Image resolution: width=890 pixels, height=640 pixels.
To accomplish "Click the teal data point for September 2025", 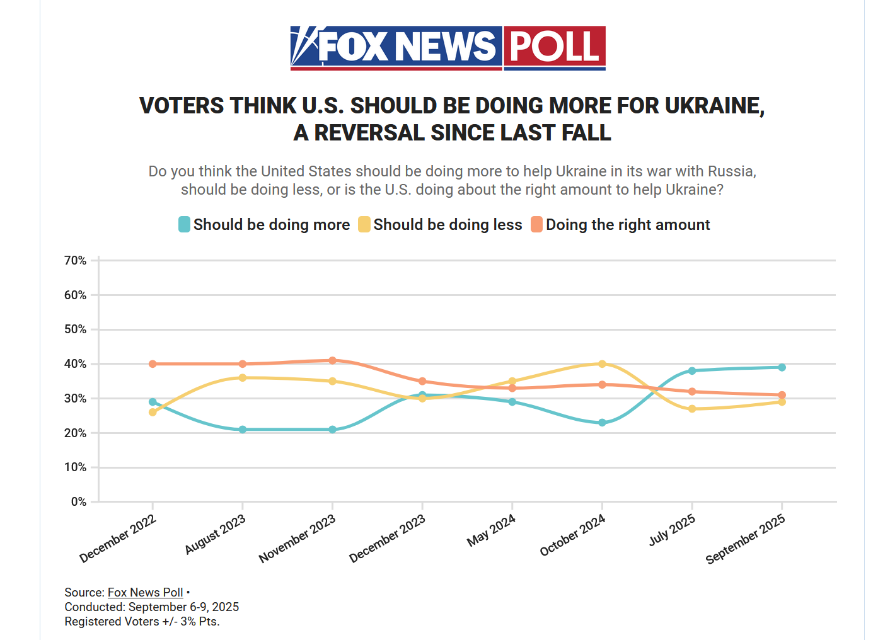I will click(x=782, y=367).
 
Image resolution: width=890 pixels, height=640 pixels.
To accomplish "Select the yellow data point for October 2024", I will click(x=602, y=364).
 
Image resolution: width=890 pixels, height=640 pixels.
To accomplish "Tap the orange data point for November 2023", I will click(x=332, y=360).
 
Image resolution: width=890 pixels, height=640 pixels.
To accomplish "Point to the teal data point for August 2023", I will click(x=243, y=430).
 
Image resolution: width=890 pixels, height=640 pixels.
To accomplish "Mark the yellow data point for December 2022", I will click(x=153, y=412).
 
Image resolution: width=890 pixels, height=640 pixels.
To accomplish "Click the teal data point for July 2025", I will click(x=692, y=371).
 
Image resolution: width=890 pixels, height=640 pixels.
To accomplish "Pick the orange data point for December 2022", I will click(x=153, y=364).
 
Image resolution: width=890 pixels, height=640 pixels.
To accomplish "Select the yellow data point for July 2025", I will click(x=692, y=409).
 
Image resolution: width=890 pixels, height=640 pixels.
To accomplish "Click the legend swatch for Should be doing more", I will click(x=184, y=224).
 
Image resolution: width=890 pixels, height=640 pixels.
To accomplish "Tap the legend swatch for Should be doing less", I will click(x=364, y=224).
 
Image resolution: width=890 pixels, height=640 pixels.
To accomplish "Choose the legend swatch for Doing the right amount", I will click(x=536, y=224).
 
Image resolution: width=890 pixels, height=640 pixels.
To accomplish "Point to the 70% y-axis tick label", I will click(x=75, y=260).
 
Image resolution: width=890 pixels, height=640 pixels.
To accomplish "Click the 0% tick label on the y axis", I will click(x=78, y=502).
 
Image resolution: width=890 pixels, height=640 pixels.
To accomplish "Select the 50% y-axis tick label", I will click(x=75, y=329).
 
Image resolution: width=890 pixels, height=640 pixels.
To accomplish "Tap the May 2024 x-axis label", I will click(x=492, y=530).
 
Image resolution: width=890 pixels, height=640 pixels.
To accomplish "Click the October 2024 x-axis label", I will click(x=573, y=534).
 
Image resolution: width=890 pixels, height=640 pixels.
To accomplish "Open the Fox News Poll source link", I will click(x=145, y=592).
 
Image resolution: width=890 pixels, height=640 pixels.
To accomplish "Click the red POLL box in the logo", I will click(x=554, y=47).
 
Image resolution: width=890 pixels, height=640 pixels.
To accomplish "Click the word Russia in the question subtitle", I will click(x=730, y=171).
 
